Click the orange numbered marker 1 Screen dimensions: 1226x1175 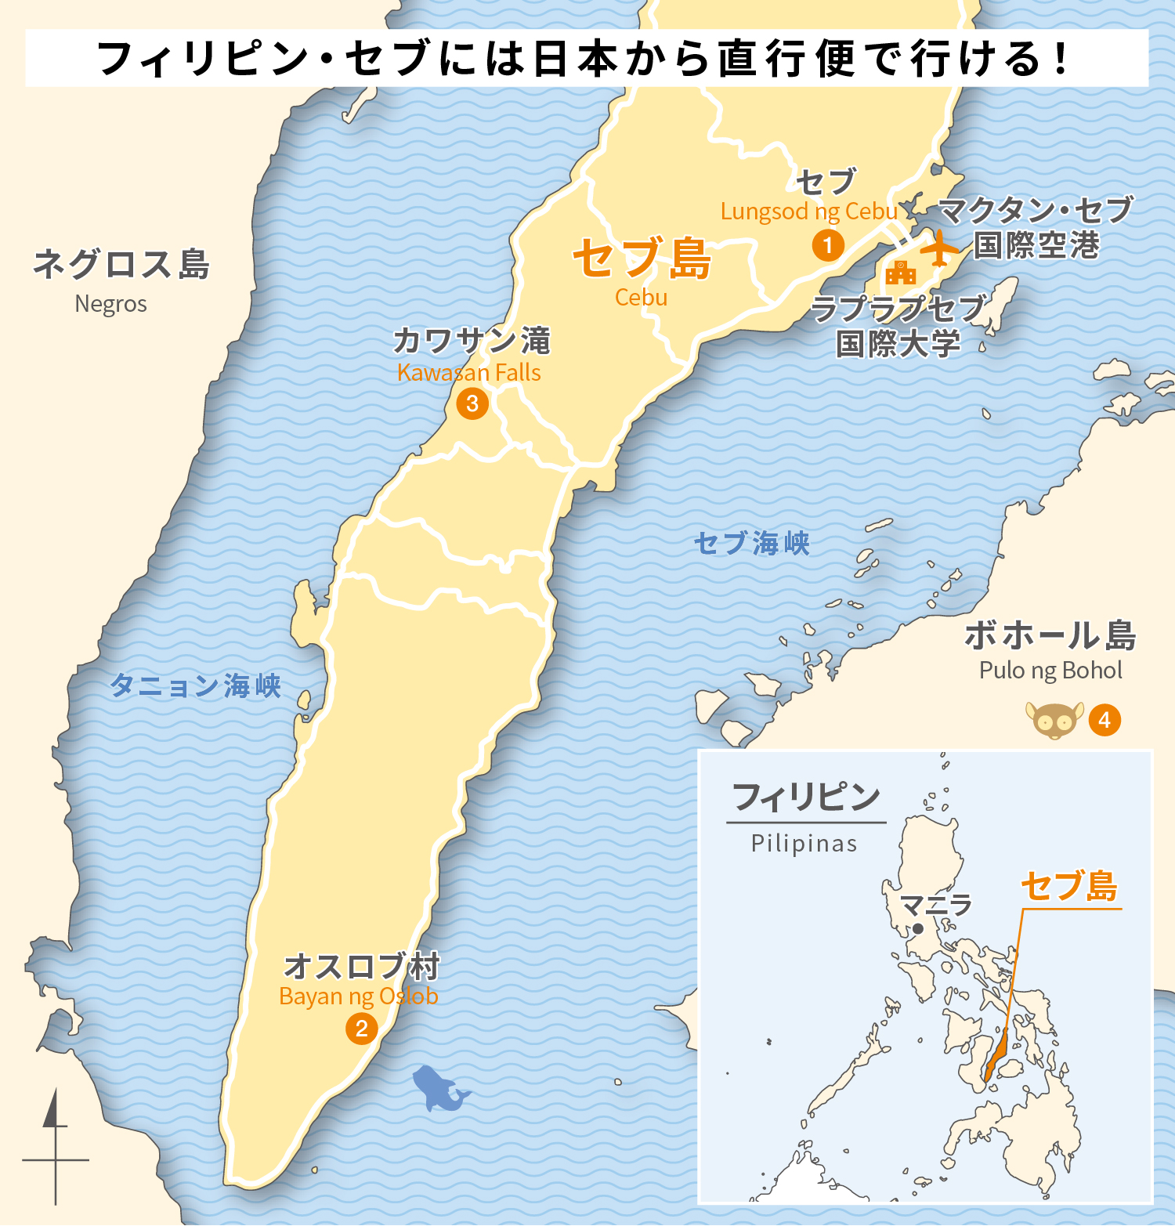pos(828,245)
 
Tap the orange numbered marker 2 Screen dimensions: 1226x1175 pos(361,1029)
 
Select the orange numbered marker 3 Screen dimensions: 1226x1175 pos(472,403)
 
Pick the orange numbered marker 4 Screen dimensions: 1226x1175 pos(1104,720)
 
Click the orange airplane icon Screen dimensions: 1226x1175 pos(938,248)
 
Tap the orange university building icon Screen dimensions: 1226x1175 pos(901,273)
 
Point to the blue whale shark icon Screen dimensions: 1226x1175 pos(439,1088)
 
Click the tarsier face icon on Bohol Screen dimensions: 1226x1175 pos(1054,721)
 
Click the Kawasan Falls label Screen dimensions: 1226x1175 pos(468,373)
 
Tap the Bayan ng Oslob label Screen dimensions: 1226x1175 pos(358,996)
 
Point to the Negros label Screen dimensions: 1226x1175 pos(110,304)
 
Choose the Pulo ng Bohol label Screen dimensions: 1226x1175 pos(1050,671)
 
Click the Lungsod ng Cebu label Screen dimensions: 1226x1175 pos(808,212)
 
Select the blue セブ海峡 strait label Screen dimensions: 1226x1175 pos(751,543)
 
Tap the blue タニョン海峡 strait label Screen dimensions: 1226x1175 pos(195,685)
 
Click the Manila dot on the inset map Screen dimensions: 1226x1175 pos(918,929)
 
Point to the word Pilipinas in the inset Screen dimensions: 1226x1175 pos(804,844)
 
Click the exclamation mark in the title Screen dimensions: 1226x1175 pos(1061,59)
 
